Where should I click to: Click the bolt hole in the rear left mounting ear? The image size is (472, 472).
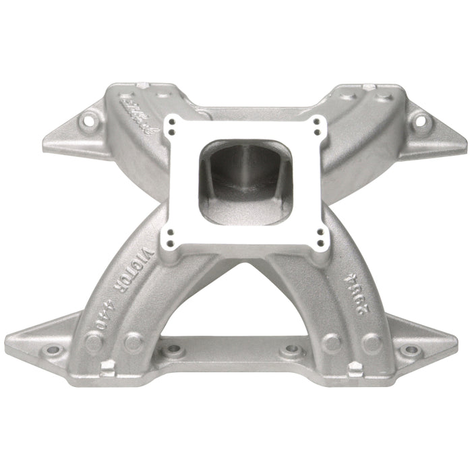coord(85,122)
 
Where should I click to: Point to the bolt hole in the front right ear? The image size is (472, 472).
coord(407,351)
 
